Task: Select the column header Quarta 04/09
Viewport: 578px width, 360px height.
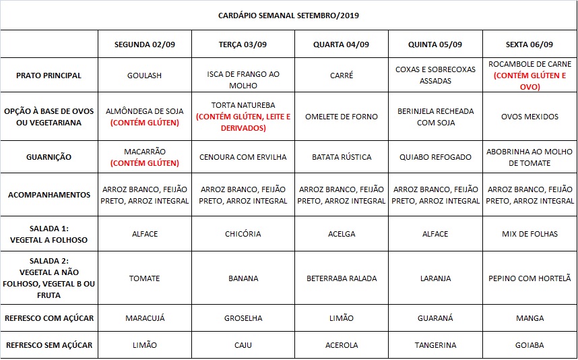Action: pyautogui.click(x=341, y=44)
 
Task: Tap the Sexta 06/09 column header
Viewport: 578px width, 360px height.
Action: pyautogui.click(x=529, y=44)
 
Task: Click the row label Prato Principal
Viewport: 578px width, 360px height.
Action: pyautogui.click(x=49, y=76)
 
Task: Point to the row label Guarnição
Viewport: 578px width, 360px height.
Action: pyautogui.click(x=49, y=157)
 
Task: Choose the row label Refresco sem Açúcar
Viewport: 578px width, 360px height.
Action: pyautogui.click(x=49, y=345)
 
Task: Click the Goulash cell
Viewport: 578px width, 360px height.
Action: pyautogui.click(x=144, y=76)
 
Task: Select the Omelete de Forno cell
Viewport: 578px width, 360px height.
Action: pyautogui.click(x=341, y=117)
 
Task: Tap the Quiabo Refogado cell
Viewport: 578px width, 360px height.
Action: pyautogui.click(x=435, y=157)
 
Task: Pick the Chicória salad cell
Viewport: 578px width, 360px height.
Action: pyautogui.click(x=243, y=234)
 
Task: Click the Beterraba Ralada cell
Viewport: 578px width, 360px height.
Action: pyautogui.click(x=341, y=278)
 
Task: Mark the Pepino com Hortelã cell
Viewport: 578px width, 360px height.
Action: pyautogui.click(x=529, y=278)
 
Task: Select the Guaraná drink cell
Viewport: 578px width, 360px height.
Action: pyautogui.click(x=435, y=318)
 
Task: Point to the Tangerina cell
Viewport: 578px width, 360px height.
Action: pyautogui.click(x=435, y=345)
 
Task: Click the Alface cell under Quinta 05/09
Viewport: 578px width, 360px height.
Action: pyautogui.click(x=435, y=234)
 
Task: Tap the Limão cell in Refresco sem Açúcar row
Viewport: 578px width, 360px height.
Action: pyautogui.click(x=144, y=345)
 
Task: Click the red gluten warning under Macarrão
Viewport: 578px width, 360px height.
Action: pyautogui.click(x=144, y=163)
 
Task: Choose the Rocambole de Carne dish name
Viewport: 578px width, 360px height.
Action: pyautogui.click(x=529, y=65)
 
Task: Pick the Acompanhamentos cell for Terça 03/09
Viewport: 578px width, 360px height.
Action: pyautogui.click(x=243, y=195)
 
